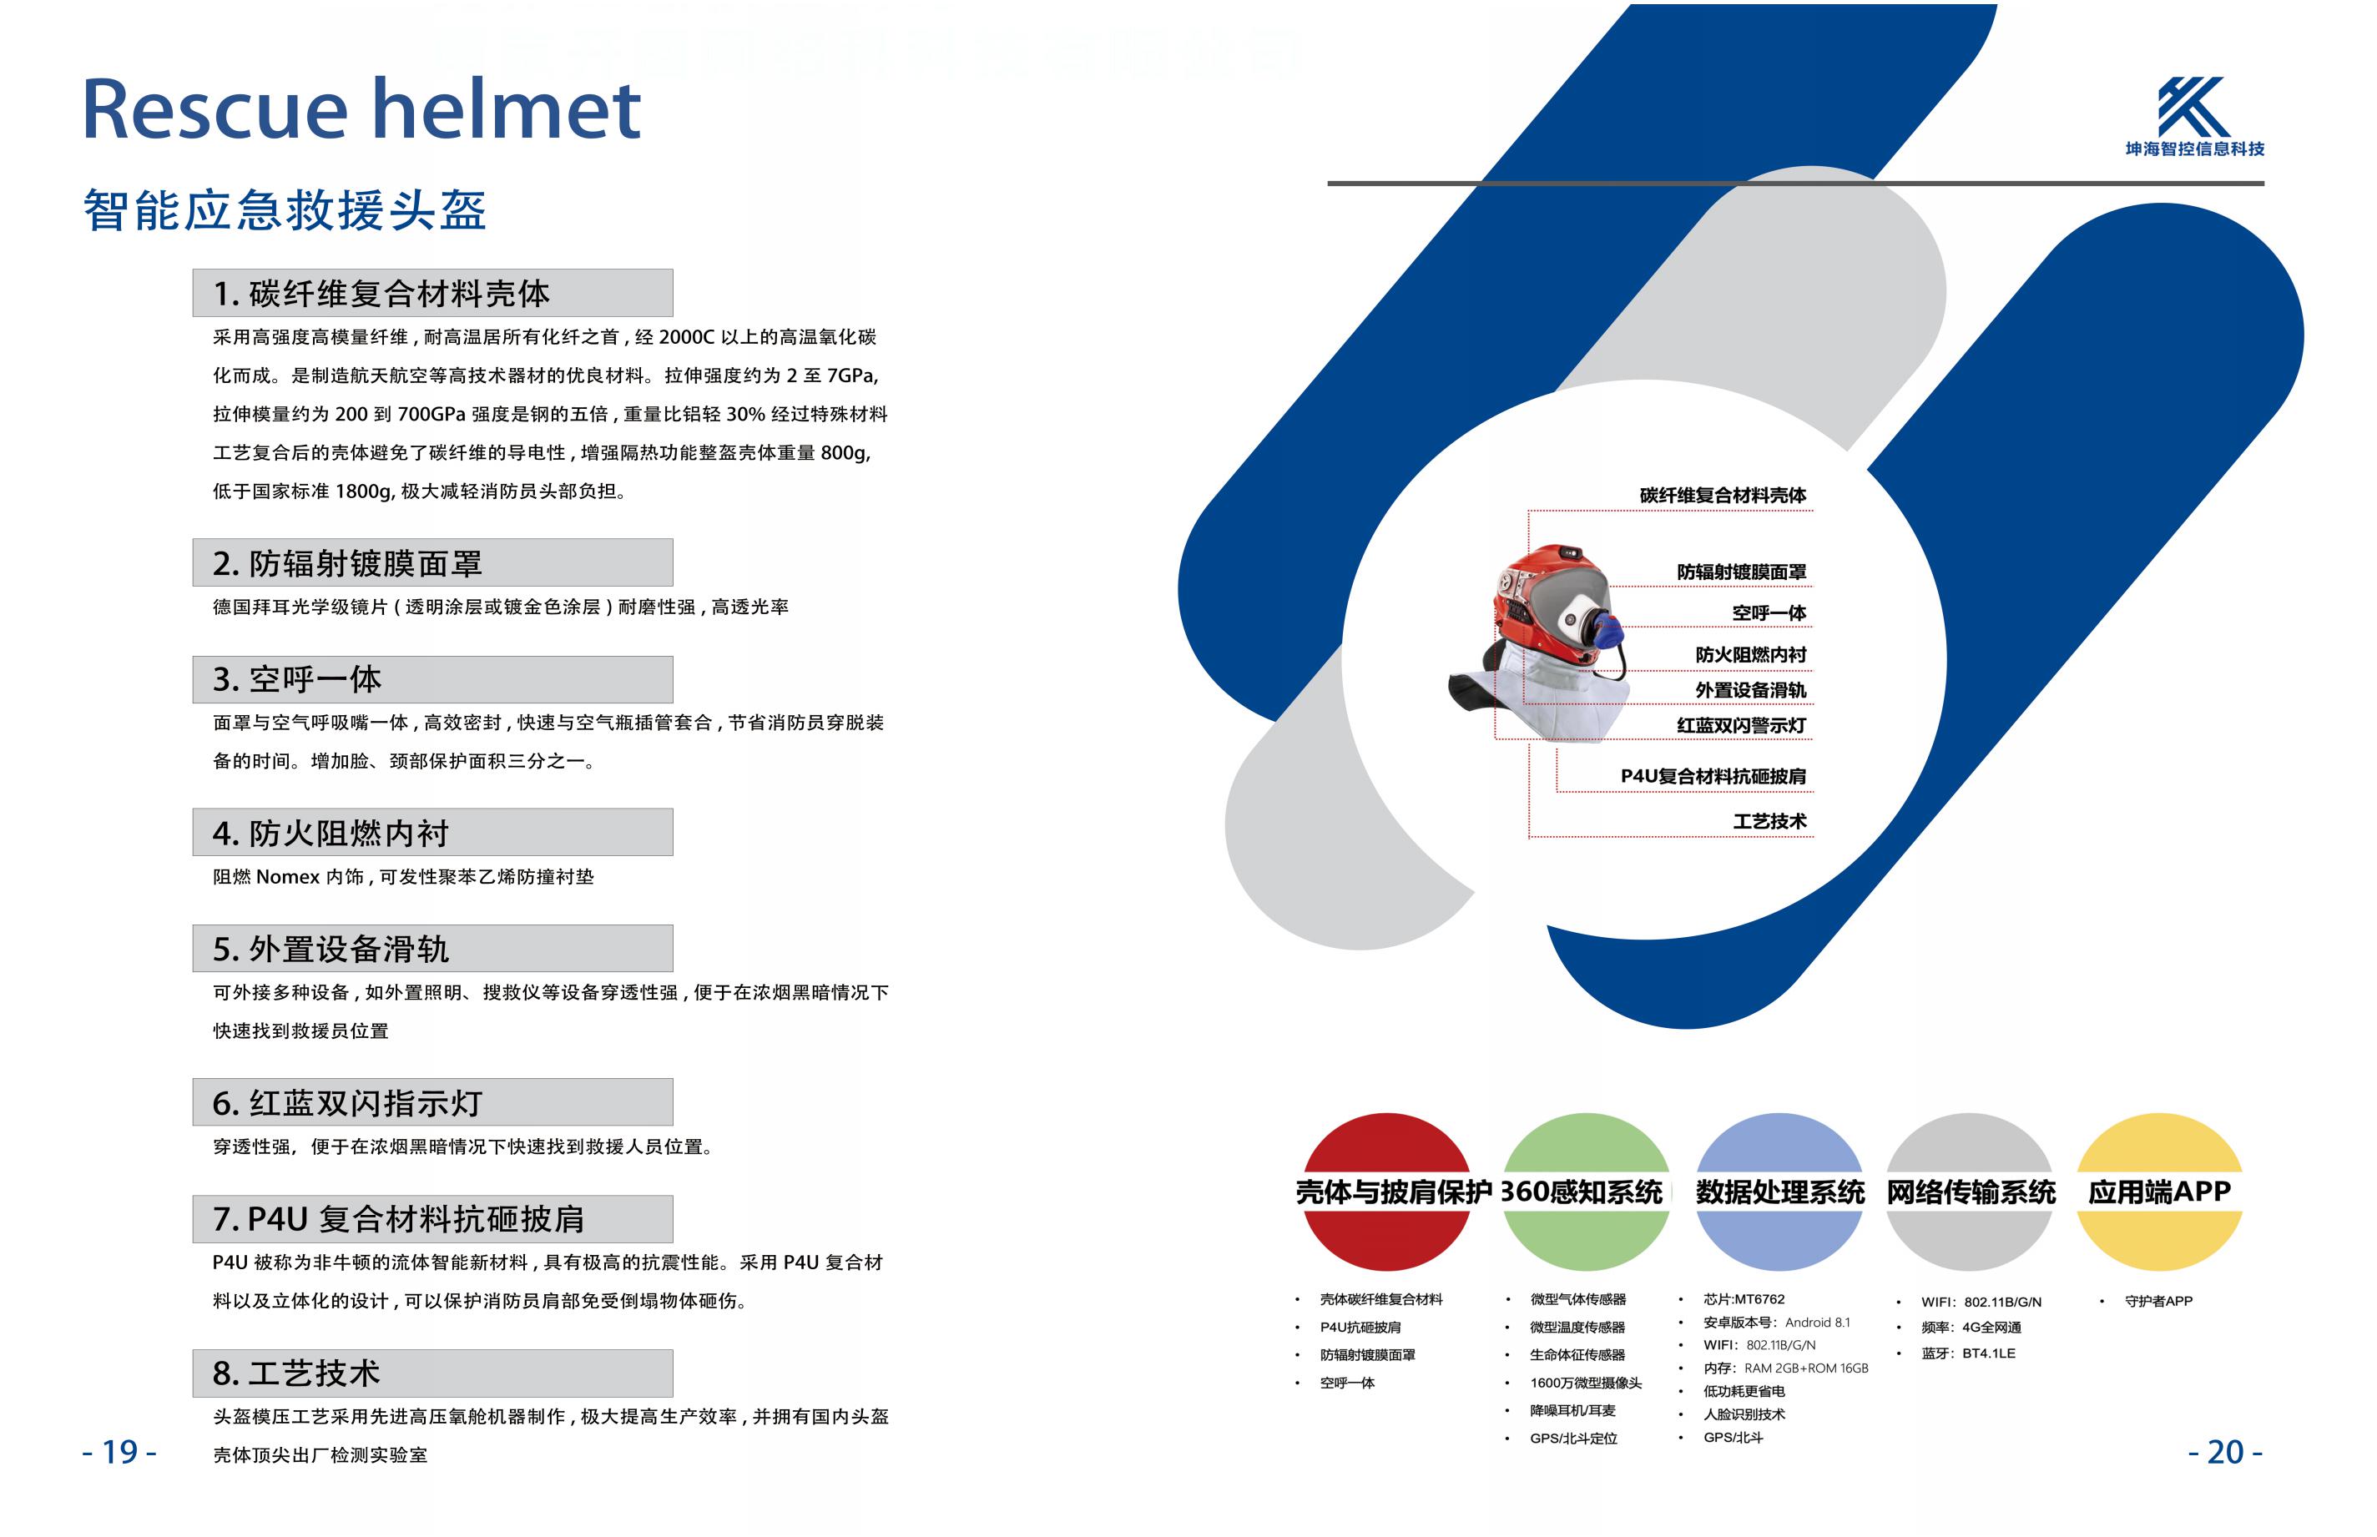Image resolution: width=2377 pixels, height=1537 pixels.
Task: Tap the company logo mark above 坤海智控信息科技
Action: coord(2193,107)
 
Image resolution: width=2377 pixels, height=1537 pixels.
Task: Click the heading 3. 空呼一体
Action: coord(296,680)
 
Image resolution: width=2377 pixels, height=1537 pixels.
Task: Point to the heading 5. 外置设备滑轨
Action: coord(331,949)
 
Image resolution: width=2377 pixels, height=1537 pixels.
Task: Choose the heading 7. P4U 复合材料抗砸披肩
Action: coord(397,1218)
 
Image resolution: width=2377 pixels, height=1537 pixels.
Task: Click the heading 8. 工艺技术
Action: coord(295,1373)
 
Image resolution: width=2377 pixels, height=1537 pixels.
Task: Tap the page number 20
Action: coord(2224,1452)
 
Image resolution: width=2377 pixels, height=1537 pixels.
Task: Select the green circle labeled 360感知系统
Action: coord(1585,1192)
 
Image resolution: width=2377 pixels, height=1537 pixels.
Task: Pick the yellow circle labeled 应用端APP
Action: coord(2159,1192)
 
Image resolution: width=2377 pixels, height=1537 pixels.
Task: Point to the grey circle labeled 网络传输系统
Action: coord(1969,1192)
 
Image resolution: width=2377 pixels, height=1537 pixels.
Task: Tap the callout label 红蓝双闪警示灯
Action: coord(1741,726)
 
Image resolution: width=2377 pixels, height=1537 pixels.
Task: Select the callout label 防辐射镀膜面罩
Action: coord(1741,572)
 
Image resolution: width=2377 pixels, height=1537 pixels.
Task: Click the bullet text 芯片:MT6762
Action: coord(1743,1299)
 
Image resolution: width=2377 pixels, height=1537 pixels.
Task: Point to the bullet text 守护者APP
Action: coord(2158,1302)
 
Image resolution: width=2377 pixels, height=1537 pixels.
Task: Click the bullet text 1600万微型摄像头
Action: coord(1585,1383)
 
